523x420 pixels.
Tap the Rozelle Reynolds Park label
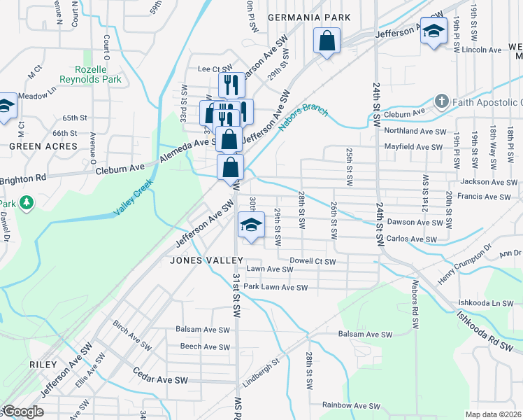tap(99, 75)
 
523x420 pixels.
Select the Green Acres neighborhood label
tap(43, 146)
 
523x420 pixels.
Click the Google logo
tap(22, 412)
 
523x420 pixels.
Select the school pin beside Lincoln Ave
tap(434, 31)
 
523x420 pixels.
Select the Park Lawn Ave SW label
tap(275, 287)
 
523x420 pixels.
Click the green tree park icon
tap(27, 203)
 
